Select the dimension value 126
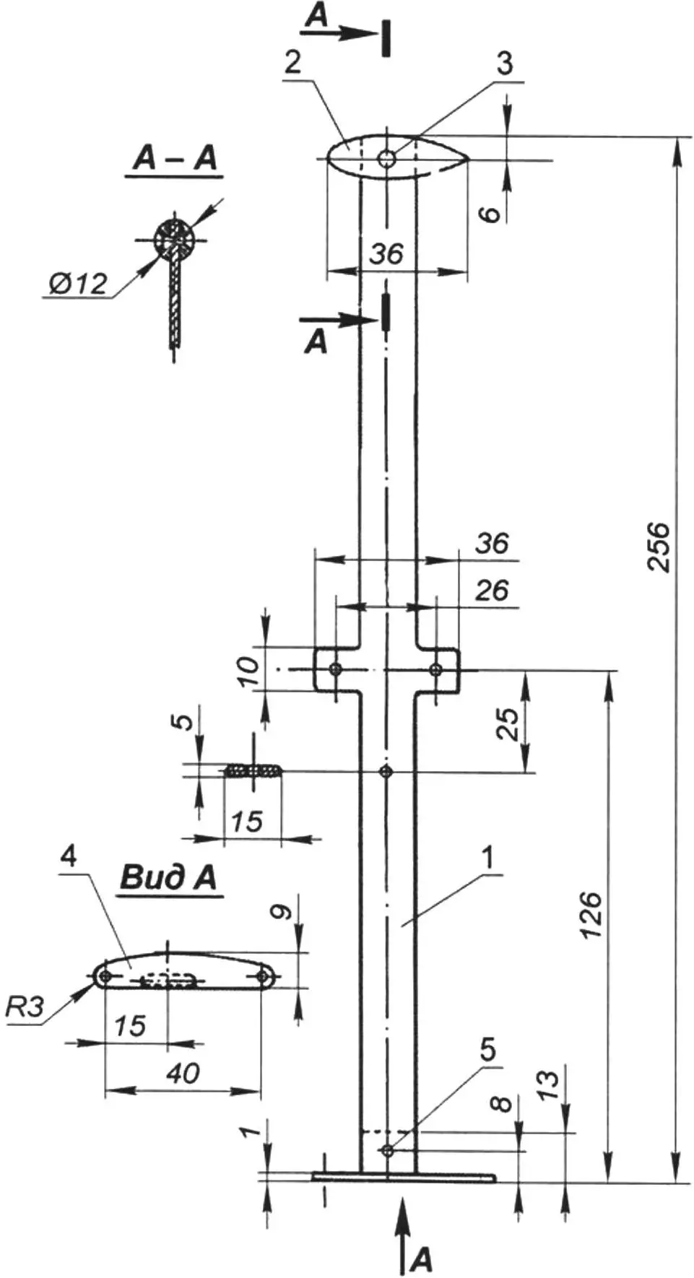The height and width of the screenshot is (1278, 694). tap(591, 915)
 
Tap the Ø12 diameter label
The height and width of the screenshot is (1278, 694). tap(79, 282)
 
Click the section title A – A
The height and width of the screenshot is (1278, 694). tap(175, 158)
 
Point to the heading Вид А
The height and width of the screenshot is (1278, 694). tap(168, 877)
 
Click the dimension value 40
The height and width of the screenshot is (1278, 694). tap(183, 1073)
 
